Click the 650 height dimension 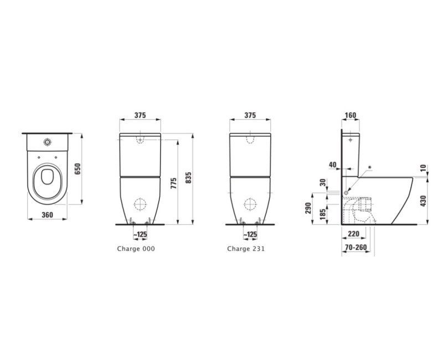[x=78, y=169]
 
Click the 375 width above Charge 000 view [x=140, y=115]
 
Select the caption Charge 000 [x=136, y=249]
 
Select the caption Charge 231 [x=246, y=249]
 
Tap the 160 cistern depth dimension [x=350, y=115]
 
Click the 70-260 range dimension [x=354, y=249]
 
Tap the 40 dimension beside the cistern [x=332, y=164]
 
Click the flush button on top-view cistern [x=47, y=141]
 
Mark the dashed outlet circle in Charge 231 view [x=250, y=204]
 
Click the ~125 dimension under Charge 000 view [x=142, y=235]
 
